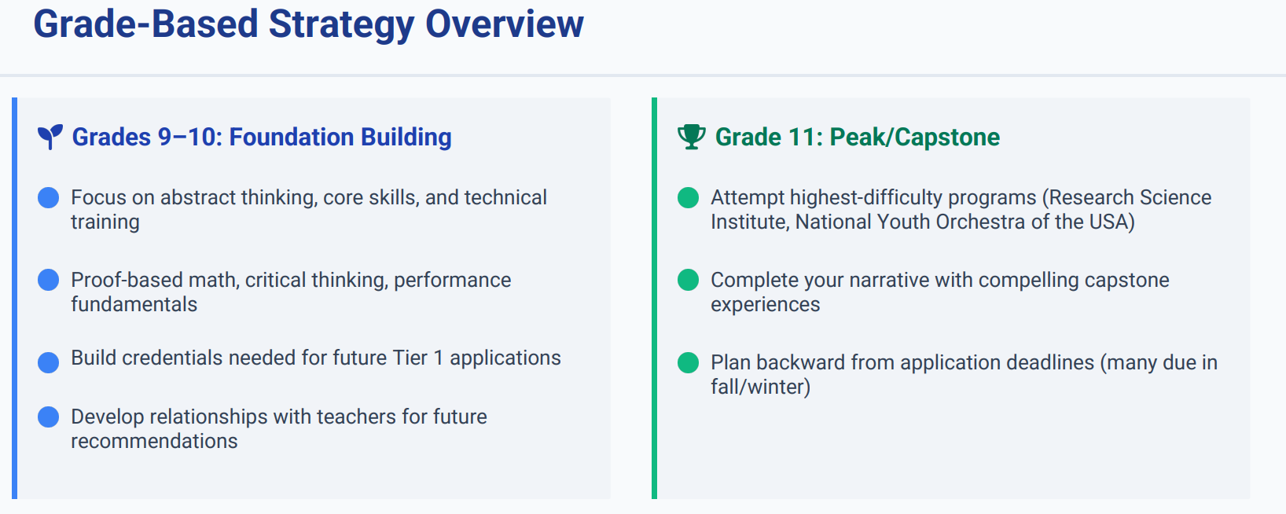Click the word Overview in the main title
pos(504,24)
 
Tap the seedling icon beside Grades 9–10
pos(50,137)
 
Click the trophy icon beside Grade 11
pos(691,137)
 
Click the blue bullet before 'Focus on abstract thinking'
pos(48,197)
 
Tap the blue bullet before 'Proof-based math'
pos(48,281)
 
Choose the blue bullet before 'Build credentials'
pos(48,362)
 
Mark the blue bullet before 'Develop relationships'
pos(48,417)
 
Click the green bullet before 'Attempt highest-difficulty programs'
pos(688,197)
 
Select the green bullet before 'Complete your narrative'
pos(688,281)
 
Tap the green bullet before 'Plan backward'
pos(688,362)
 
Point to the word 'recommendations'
pos(154,441)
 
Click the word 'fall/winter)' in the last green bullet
pos(760,387)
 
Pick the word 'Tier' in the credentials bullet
pos(410,358)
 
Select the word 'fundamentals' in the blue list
pos(134,304)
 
